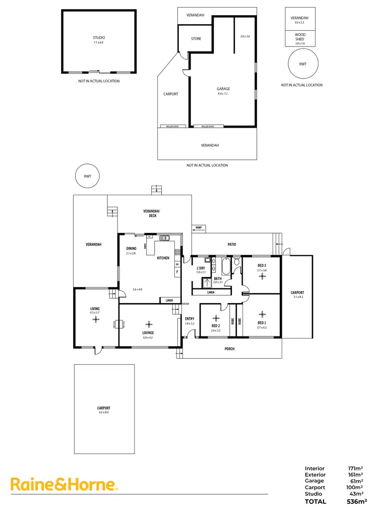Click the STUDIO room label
pos(99,38)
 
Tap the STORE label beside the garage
pos(196,39)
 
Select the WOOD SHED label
pos(300,37)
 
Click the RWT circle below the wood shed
pos(303,64)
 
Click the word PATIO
pos(231,245)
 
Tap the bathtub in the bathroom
pos(226,266)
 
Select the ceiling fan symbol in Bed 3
pos(262,276)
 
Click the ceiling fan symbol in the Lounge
pos(148,324)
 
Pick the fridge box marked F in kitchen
pos(177,272)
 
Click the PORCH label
pos(229,349)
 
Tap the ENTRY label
pos(190,319)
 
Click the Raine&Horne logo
pos(65,485)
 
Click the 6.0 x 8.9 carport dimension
pos(104,413)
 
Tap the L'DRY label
pos(201,268)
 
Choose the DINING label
pos(131,249)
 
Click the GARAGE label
pos(223,89)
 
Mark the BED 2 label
pos(216,326)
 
